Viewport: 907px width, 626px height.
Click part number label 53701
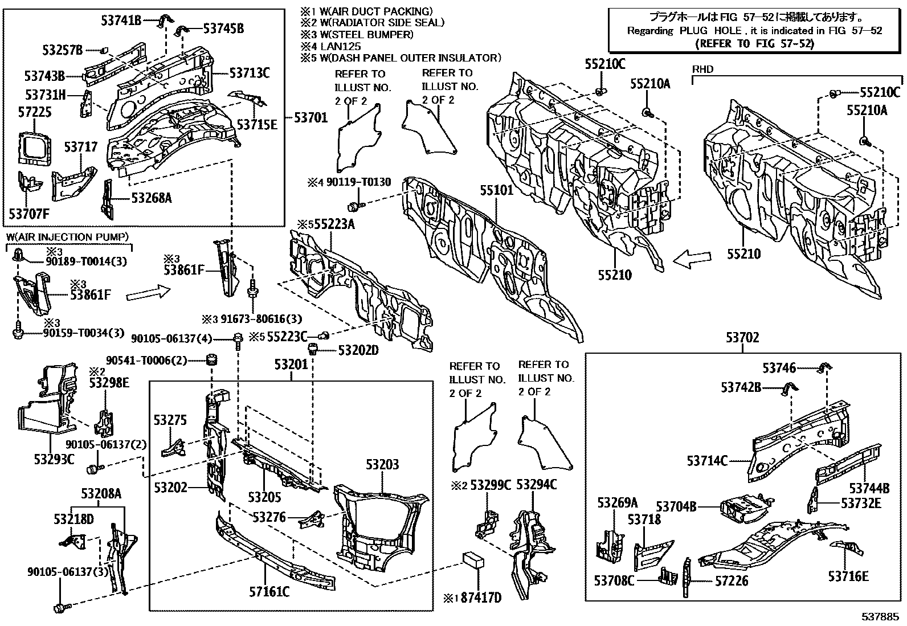310,118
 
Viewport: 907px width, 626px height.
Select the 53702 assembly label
742,338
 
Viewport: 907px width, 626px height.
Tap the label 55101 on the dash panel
496,190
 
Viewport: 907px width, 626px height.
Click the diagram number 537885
880,617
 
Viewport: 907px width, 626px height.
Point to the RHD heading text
702,69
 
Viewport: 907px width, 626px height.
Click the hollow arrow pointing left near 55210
692,259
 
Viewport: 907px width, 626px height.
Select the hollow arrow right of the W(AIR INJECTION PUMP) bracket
148,293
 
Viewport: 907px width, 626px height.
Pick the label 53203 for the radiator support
382,465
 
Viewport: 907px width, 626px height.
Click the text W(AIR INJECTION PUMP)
67,236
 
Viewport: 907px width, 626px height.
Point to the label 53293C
54,459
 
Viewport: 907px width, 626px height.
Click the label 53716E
848,576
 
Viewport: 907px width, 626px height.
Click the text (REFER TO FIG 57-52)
755,43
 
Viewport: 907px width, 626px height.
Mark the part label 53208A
101,493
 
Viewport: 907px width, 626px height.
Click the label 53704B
676,506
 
